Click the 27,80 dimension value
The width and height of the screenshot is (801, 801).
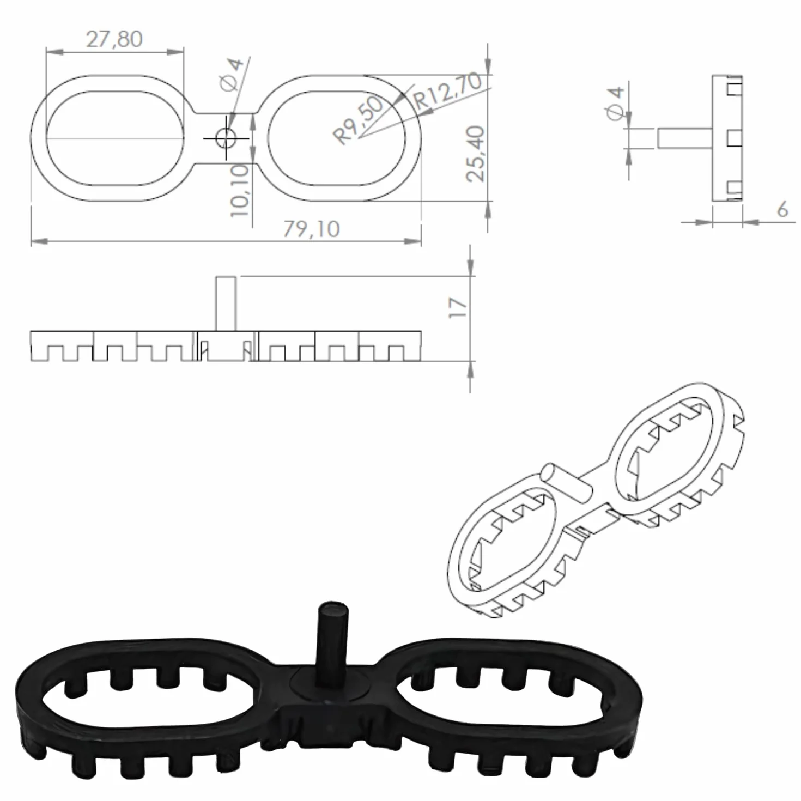[x=114, y=39]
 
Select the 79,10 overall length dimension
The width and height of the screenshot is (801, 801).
[x=311, y=229]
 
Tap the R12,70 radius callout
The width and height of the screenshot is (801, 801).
[x=448, y=92]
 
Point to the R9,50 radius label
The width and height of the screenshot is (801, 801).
[x=359, y=120]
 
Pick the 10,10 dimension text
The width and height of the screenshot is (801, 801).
[x=240, y=190]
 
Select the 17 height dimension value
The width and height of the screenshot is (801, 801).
[x=458, y=308]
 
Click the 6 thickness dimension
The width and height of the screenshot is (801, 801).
[x=782, y=209]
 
